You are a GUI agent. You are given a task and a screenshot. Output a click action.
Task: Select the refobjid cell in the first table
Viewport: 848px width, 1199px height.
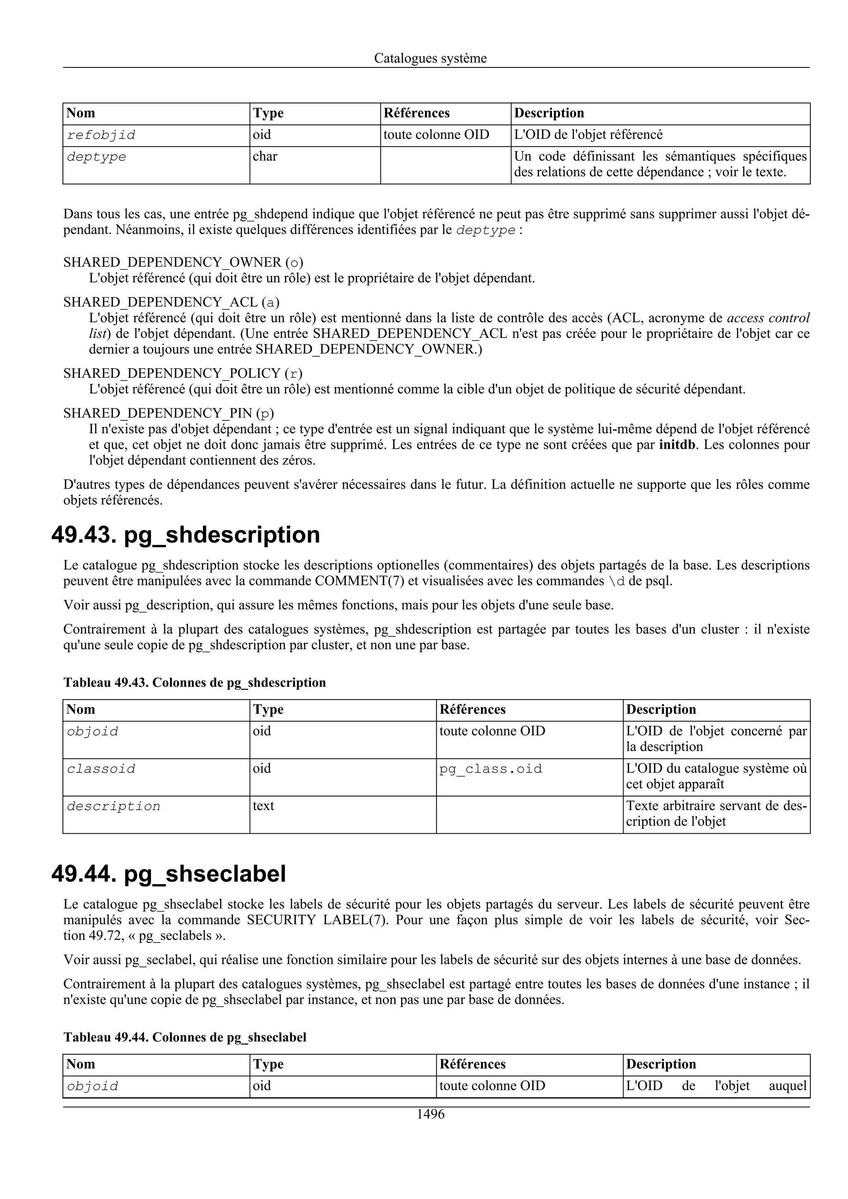tap(101, 135)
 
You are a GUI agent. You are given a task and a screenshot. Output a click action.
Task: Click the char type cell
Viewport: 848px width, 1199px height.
tap(265, 157)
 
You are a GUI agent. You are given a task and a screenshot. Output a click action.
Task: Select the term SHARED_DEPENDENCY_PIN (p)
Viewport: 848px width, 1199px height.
tap(168, 414)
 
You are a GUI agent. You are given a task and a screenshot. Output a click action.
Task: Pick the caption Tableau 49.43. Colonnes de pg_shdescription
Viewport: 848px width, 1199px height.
tap(194, 683)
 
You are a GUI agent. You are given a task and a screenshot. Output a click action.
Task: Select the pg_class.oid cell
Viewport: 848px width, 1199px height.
tap(490, 769)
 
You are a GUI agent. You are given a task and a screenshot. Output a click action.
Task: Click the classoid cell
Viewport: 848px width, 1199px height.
tap(101, 769)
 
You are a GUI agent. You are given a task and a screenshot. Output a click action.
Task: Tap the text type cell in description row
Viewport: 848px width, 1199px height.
tap(263, 806)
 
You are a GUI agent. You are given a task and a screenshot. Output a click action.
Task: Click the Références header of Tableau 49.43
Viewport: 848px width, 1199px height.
tap(472, 710)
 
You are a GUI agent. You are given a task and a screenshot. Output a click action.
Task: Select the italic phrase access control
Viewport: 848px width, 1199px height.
tap(768, 318)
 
